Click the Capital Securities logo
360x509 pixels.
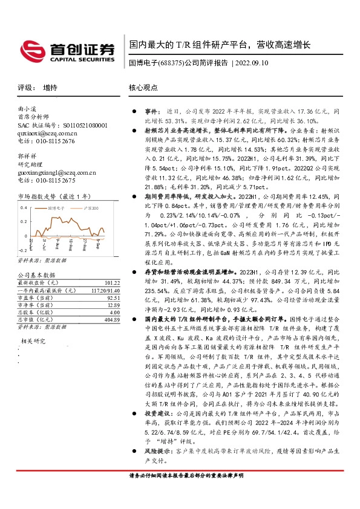(67, 50)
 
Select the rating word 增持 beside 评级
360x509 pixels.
(51, 88)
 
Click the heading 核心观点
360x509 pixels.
(143, 88)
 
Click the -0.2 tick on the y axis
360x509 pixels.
(22, 249)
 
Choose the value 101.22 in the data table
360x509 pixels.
(112, 282)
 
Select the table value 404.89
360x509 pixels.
(112, 319)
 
